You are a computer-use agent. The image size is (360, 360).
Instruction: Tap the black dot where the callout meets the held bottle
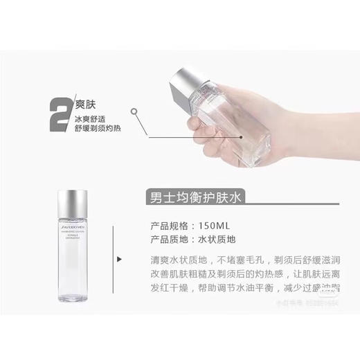[241, 136]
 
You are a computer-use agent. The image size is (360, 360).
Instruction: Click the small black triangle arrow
[121, 260]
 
